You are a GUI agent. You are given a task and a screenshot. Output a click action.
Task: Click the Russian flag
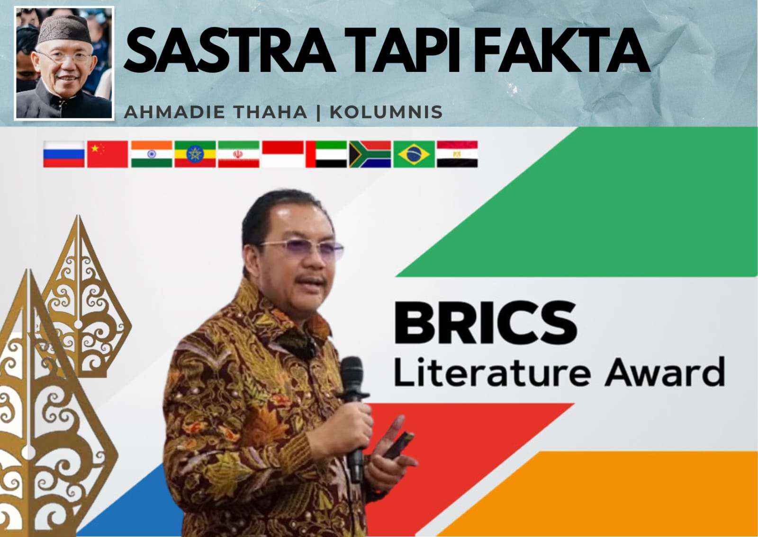point(63,154)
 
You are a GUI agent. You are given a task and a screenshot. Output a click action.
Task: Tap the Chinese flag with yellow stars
point(108,154)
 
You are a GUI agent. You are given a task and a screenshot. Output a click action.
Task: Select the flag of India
point(152,154)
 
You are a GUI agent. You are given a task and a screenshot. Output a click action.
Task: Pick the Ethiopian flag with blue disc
point(195,154)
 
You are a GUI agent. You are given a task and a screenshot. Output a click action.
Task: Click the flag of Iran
point(239,154)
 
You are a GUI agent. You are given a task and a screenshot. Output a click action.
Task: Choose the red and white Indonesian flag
point(283,154)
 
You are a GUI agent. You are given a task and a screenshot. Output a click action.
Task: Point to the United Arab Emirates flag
point(326,154)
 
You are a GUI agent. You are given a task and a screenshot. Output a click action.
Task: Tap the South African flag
point(370,154)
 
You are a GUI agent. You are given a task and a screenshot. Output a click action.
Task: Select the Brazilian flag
point(414,154)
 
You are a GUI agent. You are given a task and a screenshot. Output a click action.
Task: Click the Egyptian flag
point(457,154)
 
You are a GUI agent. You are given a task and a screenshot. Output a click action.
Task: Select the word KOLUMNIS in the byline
point(386,112)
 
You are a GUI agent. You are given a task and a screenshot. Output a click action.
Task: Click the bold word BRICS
point(486,323)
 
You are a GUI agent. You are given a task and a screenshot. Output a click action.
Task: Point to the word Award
point(665,372)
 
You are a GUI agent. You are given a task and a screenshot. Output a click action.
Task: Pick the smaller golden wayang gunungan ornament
point(82,301)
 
